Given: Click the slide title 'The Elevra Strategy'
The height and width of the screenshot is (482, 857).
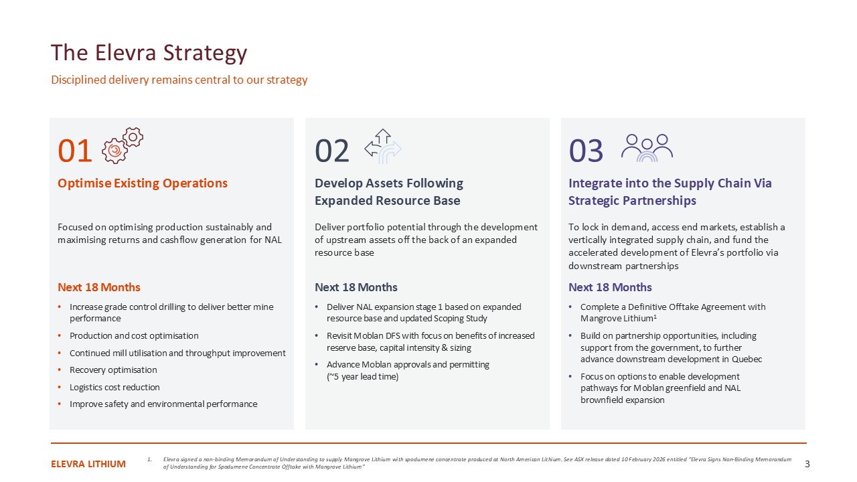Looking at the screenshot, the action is point(149,53).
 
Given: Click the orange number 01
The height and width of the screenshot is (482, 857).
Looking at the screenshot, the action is point(74,151).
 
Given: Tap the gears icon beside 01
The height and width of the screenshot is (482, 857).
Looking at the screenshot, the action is point(123,146).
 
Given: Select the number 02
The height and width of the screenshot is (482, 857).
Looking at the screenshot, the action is point(331,151).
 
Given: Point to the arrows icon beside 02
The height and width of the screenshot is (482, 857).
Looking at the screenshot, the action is point(382,147).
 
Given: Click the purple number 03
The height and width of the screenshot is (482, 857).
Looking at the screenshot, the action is point(586,151).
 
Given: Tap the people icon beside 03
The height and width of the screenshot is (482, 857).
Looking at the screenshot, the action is point(647,148).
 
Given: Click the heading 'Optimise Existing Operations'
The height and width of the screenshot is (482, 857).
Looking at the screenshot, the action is point(143,183).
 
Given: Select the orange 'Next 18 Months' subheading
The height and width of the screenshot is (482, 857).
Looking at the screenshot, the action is point(99,287).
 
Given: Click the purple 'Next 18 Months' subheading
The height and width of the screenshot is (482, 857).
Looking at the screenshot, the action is point(610,287).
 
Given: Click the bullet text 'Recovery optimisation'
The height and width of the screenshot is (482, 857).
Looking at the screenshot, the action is point(113,370).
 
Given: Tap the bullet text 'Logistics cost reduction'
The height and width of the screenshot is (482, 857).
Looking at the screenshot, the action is point(114,387).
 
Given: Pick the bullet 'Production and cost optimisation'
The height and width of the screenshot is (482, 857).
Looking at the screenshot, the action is point(134,336).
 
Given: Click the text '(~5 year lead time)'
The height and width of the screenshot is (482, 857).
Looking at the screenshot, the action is point(362,377).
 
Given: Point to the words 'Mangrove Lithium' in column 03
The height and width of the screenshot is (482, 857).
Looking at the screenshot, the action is point(617,319).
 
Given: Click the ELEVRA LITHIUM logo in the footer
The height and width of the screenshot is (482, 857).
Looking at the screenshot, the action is point(88,464).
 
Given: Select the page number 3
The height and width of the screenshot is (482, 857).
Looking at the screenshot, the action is point(807,464).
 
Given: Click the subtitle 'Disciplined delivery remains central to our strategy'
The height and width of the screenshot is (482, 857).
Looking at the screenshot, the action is point(179,80).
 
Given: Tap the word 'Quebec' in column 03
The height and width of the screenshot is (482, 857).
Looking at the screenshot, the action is point(747,359).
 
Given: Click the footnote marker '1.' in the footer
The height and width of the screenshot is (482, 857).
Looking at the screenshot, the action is point(149,459).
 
